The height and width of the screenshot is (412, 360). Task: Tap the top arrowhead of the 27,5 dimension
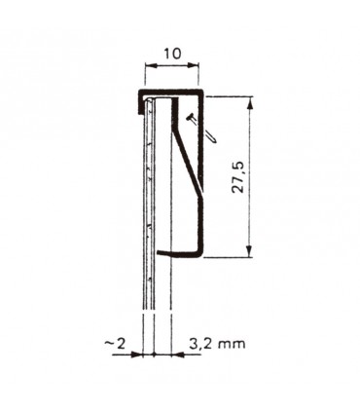coord(251,100)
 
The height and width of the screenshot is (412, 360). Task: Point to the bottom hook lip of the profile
coord(180,254)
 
